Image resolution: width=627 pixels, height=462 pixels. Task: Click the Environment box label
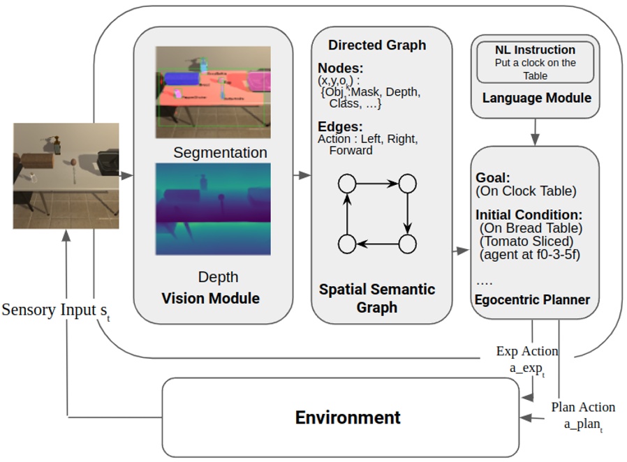click(x=347, y=417)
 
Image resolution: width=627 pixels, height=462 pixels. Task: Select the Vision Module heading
click(x=210, y=299)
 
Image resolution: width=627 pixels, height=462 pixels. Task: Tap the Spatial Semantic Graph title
click(x=376, y=298)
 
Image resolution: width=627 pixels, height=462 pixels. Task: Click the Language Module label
click(x=536, y=98)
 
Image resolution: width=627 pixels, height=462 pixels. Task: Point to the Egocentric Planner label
click(x=532, y=300)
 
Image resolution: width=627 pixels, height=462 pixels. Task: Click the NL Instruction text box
click(x=536, y=62)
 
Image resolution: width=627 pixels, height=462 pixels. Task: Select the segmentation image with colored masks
click(x=212, y=87)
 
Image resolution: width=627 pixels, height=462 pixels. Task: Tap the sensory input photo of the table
click(x=66, y=175)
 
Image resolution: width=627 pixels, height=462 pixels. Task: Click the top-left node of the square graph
click(x=347, y=184)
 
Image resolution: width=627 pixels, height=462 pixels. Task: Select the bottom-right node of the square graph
click(x=407, y=244)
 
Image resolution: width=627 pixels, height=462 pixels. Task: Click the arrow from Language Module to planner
click(x=536, y=131)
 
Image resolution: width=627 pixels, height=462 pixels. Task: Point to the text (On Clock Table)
click(x=526, y=191)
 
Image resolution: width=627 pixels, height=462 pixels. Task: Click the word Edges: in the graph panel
click(x=340, y=126)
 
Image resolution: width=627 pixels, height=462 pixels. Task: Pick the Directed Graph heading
click(x=376, y=45)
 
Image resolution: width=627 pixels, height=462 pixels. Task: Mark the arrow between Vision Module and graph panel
click(x=302, y=174)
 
